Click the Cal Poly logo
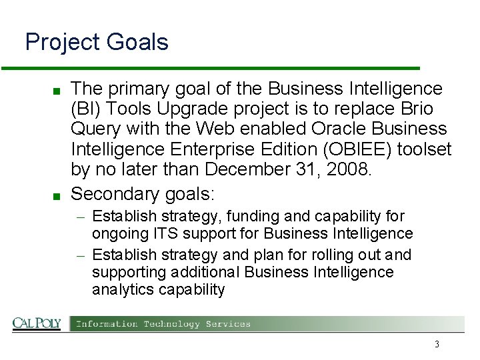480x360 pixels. pos(37,323)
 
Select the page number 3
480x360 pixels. pos(437,344)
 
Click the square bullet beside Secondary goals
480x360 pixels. pos(58,196)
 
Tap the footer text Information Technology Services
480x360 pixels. pos(163,324)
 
